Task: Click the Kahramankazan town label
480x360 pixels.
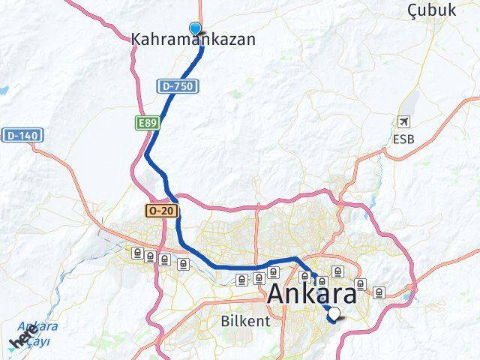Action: [x=193, y=40]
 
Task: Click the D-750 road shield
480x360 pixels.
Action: [x=178, y=87]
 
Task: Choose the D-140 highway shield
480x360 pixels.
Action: [x=22, y=135]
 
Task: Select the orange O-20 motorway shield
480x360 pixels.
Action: [x=162, y=211]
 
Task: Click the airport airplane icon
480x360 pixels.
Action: [x=405, y=121]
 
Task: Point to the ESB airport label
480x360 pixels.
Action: [x=403, y=139]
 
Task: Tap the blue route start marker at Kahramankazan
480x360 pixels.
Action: [x=196, y=29]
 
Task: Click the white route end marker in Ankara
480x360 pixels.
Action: [x=334, y=315]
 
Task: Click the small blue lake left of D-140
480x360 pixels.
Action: [x=3, y=90]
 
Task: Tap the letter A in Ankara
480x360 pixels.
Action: [x=278, y=295]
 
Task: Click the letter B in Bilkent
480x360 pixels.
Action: [x=224, y=321]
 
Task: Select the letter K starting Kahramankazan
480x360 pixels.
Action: [x=136, y=40]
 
